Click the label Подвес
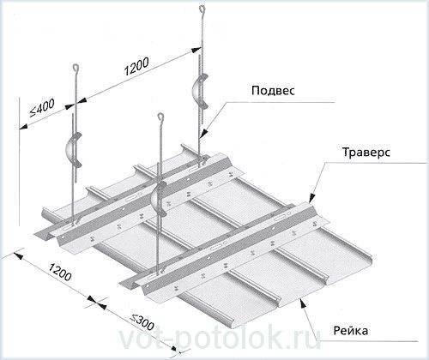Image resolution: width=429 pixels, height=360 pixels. click(273, 91)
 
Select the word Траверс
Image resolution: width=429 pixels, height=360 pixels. click(366, 152)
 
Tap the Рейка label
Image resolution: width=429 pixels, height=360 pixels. click(351, 331)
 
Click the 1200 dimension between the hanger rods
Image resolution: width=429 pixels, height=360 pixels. click(136, 66)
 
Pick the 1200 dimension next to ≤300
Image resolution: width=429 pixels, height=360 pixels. click(58, 272)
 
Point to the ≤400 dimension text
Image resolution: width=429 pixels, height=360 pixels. click(42, 108)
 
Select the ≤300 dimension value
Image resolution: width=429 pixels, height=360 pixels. click(142, 321)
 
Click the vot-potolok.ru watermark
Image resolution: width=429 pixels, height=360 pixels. click(220, 339)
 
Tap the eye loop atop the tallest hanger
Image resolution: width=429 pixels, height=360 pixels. click(202, 9)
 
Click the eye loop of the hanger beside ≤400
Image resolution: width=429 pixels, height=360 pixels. click(76, 68)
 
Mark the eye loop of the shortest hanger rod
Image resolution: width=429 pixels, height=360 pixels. click(161, 117)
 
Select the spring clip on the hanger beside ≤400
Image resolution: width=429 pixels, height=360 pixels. click(73, 149)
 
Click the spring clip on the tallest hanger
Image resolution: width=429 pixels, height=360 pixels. click(200, 91)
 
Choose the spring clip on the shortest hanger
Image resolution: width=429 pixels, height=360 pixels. click(158, 198)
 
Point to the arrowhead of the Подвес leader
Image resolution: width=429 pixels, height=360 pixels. click(203, 134)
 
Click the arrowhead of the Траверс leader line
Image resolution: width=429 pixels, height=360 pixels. click(312, 198)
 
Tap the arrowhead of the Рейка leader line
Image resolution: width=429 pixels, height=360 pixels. click(303, 303)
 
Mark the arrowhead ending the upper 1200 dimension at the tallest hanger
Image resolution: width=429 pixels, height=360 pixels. click(196, 50)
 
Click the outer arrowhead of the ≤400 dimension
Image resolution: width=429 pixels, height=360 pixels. click(23, 126)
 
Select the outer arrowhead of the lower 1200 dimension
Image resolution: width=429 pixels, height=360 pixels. click(18, 255)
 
